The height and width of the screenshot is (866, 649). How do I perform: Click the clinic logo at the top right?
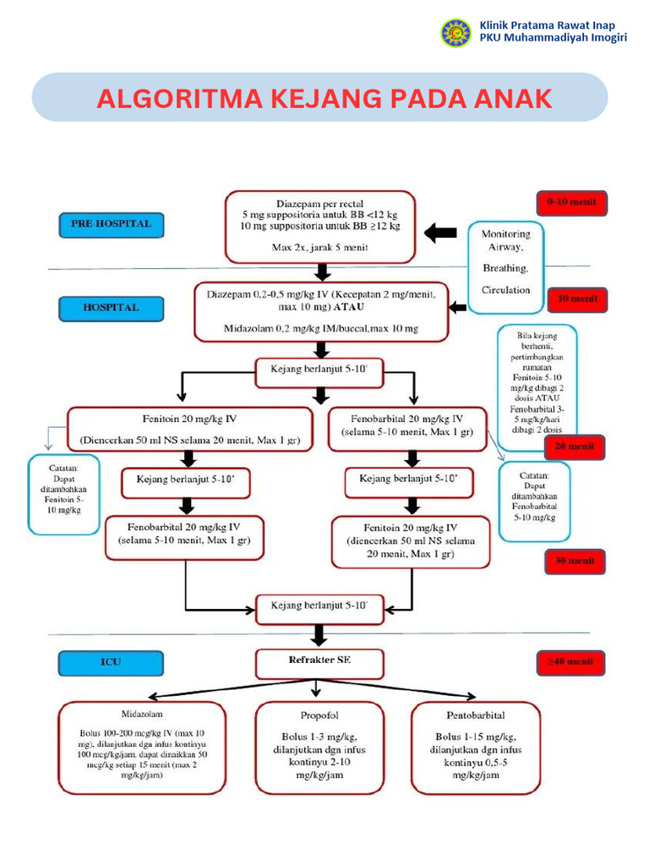click(x=455, y=33)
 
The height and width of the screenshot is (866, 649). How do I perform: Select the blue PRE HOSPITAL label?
click(x=111, y=225)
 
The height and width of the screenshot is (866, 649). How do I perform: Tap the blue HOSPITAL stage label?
click(x=111, y=308)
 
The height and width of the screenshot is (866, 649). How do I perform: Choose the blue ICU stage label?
click(x=111, y=664)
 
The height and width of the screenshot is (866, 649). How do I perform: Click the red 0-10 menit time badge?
click(x=571, y=203)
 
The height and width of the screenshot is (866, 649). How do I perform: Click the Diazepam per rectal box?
click(x=320, y=226)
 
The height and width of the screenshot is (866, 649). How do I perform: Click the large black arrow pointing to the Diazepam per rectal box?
click(x=440, y=233)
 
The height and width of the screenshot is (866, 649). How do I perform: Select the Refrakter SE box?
click(x=319, y=660)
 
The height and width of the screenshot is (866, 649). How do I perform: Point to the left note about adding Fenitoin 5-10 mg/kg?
click(x=63, y=495)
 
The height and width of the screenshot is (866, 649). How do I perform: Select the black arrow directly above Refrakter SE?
click(x=319, y=633)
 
